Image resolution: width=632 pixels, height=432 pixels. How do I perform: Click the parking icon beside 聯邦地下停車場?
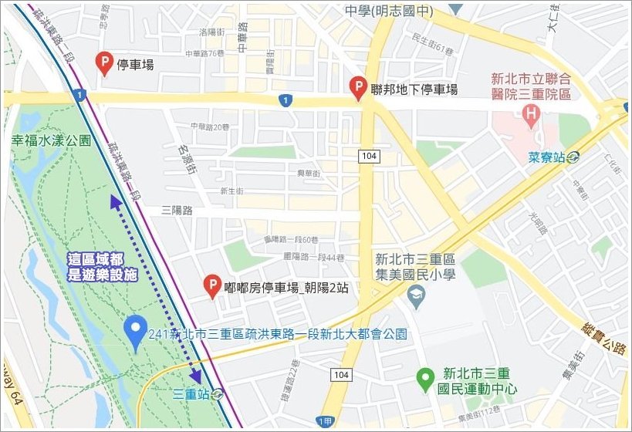pyautogui.click(x=357, y=89)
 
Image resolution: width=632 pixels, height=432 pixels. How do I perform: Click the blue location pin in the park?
pyautogui.click(x=136, y=332)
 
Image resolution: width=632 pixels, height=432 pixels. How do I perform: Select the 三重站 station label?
pyautogui.click(x=192, y=392)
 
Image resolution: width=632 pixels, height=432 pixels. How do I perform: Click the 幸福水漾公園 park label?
pyautogui.click(x=51, y=141)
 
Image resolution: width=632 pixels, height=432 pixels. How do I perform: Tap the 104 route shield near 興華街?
pyautogui.click(x=367, y=156)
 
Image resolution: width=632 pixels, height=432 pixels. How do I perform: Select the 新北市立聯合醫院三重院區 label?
pyautogui.click(x=531, y=86)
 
